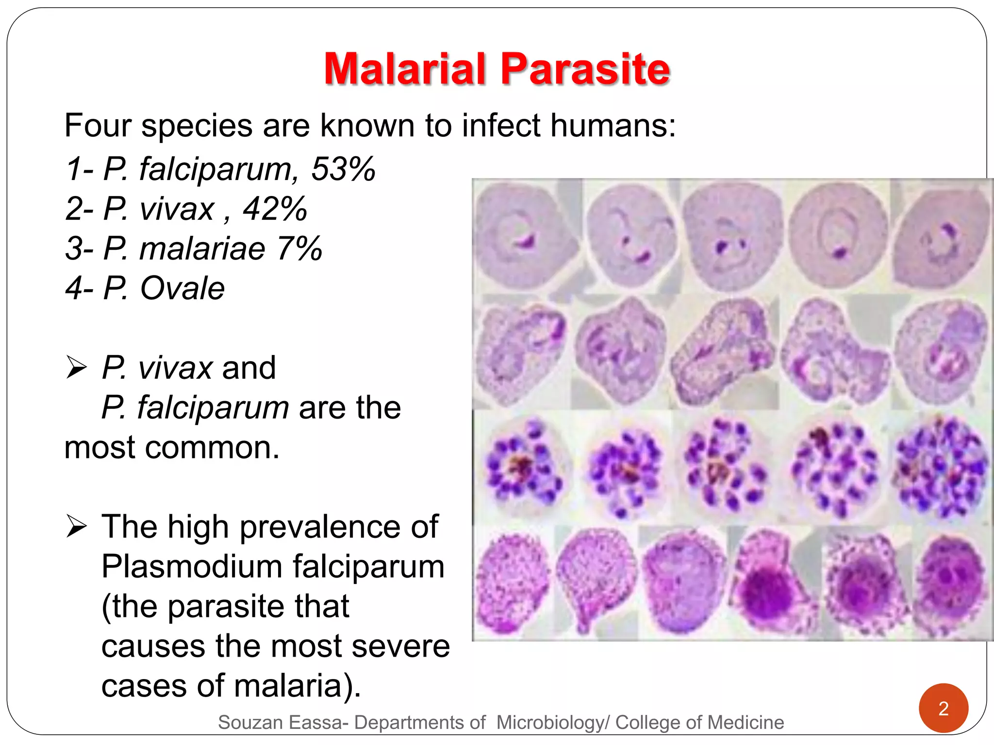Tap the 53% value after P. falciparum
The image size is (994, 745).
click(x=343, y=169)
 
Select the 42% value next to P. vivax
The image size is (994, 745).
click(x=275, y=209)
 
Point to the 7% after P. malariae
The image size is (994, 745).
click(x=299, y=249)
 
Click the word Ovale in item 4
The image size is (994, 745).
click(x=182, y=289)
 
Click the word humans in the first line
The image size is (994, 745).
click(x=613, y=126)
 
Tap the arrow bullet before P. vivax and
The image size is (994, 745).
click(x=76, y=367)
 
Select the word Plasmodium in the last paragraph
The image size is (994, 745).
click(x=192, y=567)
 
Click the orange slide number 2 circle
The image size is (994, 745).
click(x=943, y=709)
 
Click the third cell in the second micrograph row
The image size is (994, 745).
click(x=723, y=352)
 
